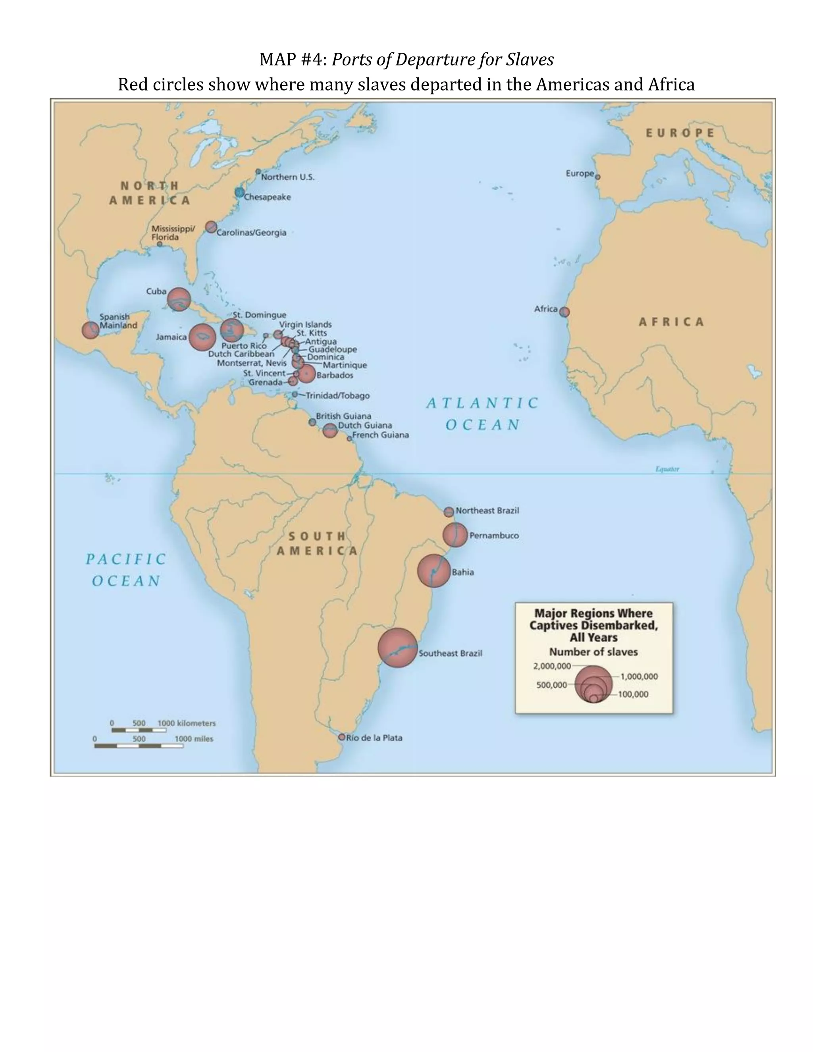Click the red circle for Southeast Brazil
[397, 647]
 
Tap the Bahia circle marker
[433, 571]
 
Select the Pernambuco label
[494, 536]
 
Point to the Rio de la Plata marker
[341, 737]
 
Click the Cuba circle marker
[179, 299]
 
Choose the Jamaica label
[171, 337]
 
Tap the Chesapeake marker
[239, 193]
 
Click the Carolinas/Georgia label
[251, 233]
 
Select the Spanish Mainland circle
[90, 330]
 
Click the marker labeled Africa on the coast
[564, 312]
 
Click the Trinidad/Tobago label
[338, 396]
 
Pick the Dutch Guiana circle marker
[329, 431]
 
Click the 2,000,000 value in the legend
[551, 666]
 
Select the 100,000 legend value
[633, 694]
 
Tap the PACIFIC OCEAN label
[126, 570]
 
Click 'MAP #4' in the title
[293, 60]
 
